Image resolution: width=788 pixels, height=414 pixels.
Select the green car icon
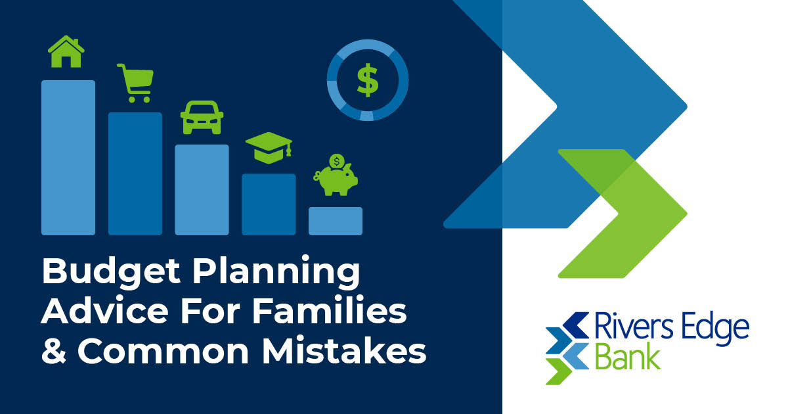pos(202,117)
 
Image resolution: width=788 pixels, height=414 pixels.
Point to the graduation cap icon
pos(268,149)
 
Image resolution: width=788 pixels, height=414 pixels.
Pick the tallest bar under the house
pos(68,158)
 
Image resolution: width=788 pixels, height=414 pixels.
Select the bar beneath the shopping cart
pos(135,173)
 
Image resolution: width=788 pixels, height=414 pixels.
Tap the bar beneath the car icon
pos(202,189)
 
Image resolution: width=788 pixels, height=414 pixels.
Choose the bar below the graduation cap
pos(269,204)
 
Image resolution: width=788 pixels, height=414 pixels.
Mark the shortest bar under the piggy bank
pos(336,221)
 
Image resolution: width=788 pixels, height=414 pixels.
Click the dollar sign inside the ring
pos(368,80)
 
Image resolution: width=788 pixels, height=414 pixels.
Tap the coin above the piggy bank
pos(337,162)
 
